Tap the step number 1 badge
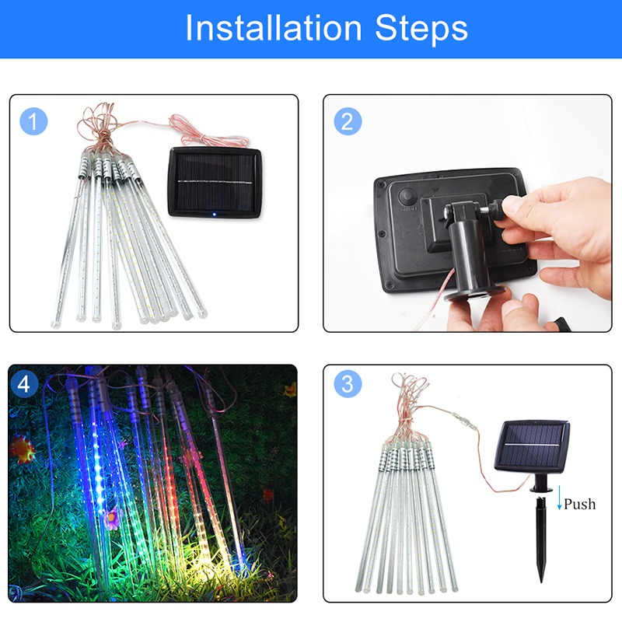click(33, 122)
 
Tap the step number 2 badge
click(348, 122)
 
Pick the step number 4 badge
click(26, 383)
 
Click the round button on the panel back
click(405, 197)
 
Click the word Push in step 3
click(579, 504)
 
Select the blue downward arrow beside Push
click(558, 501)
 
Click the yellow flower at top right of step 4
click(289, 388)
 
